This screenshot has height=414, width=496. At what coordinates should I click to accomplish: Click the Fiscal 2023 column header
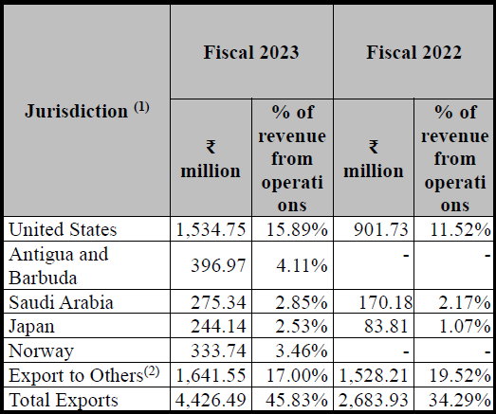(251, 52)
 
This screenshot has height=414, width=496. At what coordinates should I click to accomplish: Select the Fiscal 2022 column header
(414, 52)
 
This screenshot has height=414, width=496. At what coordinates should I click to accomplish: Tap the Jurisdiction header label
(87, 110)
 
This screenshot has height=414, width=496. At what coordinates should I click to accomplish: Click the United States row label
(63, 229)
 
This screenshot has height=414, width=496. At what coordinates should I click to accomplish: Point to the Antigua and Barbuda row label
(59, 266)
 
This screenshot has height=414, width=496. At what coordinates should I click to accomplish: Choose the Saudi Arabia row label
(61, 302)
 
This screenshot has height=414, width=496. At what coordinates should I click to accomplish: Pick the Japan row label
(31, 327)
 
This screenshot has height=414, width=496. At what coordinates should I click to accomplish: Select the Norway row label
(41, 351)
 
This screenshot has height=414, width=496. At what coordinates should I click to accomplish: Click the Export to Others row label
(83, 375)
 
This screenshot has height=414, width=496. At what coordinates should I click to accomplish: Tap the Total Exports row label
(64, 400)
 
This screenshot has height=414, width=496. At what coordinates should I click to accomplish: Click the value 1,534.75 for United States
(211, 229)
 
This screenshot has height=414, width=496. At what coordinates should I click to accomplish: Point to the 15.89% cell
(297, 229)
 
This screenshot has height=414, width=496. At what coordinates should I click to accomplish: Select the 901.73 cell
(381, 229)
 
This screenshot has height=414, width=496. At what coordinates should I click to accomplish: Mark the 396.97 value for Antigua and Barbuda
(218, 266)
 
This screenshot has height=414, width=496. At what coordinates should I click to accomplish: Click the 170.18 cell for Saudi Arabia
(386, 302)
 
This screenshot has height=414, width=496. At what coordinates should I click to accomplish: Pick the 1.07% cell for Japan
(465, 327)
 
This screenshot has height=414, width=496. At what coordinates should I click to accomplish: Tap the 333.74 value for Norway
(218, 351)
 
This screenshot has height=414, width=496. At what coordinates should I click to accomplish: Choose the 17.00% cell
(297, 376)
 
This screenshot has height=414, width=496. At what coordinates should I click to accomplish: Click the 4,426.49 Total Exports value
(211, 401)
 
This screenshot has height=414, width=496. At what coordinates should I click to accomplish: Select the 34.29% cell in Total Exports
(460, 401)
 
